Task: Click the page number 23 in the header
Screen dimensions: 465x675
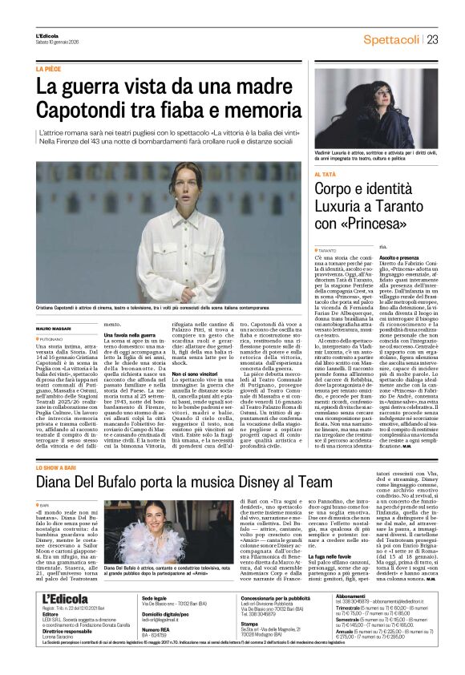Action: (x=432, y=38)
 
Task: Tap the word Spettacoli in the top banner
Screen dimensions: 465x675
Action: (x=393, y=38)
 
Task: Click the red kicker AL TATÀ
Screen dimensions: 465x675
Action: (x=325, y=174)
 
